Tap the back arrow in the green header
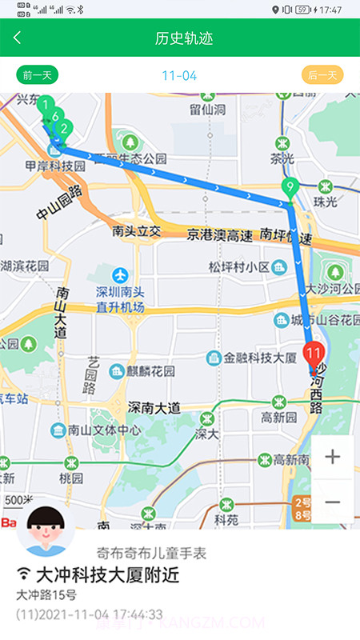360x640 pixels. click(18, 38)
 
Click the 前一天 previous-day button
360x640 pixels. click(38, 75)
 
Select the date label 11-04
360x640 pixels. click(179, 75)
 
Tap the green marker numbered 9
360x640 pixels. click(290, 189)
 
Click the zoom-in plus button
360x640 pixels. click(333, 457)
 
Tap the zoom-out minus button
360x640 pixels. click(333, 502)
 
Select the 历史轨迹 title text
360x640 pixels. click(184, 38)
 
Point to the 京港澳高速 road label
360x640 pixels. click(220, 235)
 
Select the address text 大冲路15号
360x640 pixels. click(46, 595)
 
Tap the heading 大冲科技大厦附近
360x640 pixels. click(107, 574)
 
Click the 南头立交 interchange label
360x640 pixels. click(137, 232)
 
